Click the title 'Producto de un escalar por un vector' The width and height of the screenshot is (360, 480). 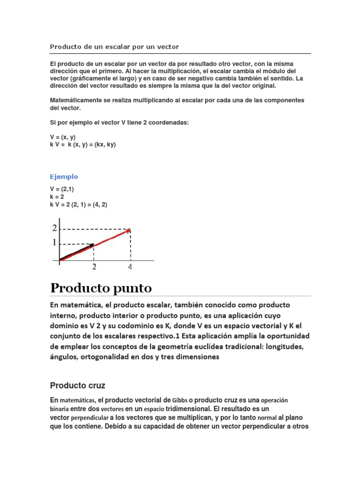114,47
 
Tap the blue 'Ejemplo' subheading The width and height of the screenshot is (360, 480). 64,177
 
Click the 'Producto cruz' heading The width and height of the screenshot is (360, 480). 77,386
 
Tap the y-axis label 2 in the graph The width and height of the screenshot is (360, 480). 54,228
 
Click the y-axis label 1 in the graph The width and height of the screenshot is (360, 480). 54,243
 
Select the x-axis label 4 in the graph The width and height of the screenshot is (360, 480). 130,267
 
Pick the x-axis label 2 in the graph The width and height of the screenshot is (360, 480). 94,267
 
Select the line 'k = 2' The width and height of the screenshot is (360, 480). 58,197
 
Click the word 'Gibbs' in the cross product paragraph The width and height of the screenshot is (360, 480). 180,400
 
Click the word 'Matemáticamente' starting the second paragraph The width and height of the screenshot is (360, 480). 75,100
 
